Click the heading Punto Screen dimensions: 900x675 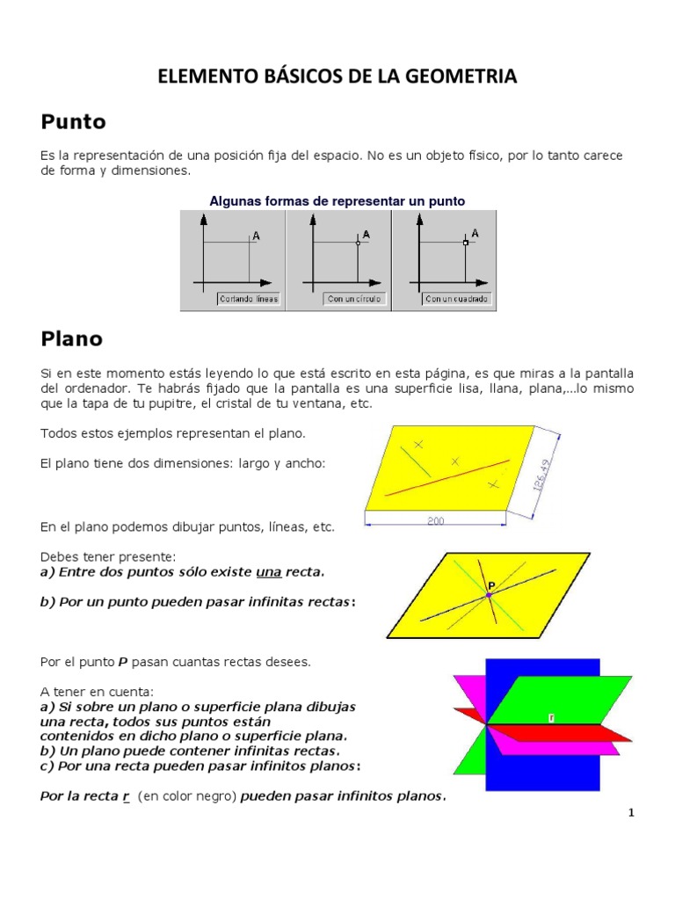(73, 121)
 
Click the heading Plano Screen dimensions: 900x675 (71, 338)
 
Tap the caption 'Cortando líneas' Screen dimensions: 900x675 (248, 299)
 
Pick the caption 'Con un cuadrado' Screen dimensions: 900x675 (457, 299)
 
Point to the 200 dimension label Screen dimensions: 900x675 (436, 521)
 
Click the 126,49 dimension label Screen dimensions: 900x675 (543, 476)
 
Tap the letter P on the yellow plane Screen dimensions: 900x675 (492, 584)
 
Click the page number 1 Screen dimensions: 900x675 (631, 813)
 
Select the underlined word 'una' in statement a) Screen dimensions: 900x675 (268, 572)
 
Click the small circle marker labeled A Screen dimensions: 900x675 (358, 243)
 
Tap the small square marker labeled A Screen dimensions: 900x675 (465, 242)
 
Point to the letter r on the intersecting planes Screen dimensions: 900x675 (551, 717)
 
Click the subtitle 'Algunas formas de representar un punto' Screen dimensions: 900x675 (337, 201)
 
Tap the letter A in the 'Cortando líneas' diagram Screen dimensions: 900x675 (256, 236)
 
